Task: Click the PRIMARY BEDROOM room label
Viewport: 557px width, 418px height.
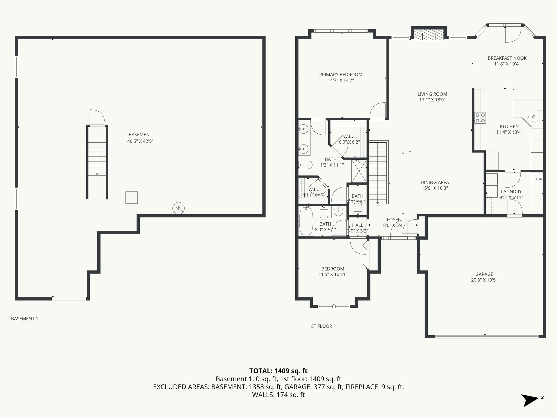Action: [341, 75]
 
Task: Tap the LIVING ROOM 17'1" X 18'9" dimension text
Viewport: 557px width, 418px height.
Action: [432, 100]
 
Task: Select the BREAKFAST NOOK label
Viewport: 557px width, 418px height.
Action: [507, 58]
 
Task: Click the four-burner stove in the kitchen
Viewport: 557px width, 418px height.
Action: [480, 118]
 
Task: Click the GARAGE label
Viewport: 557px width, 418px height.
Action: [484, 274]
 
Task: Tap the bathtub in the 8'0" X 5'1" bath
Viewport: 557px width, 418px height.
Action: [306, 221]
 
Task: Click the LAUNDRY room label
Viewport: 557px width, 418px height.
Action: [511, 192]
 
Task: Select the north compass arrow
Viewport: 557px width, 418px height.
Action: [530, 401]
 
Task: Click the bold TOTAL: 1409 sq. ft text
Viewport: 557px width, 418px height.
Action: [278, 371]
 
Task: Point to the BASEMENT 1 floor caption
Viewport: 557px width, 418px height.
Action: [24, 319]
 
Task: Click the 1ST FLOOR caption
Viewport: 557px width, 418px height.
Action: [320, 326]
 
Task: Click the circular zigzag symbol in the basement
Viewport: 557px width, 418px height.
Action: [178, 208]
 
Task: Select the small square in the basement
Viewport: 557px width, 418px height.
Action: [131, 197]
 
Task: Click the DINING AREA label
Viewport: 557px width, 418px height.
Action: [435, 182]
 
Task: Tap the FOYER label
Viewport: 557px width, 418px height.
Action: [394, 220]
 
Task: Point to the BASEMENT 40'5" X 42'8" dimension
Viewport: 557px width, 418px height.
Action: [140, 141]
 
